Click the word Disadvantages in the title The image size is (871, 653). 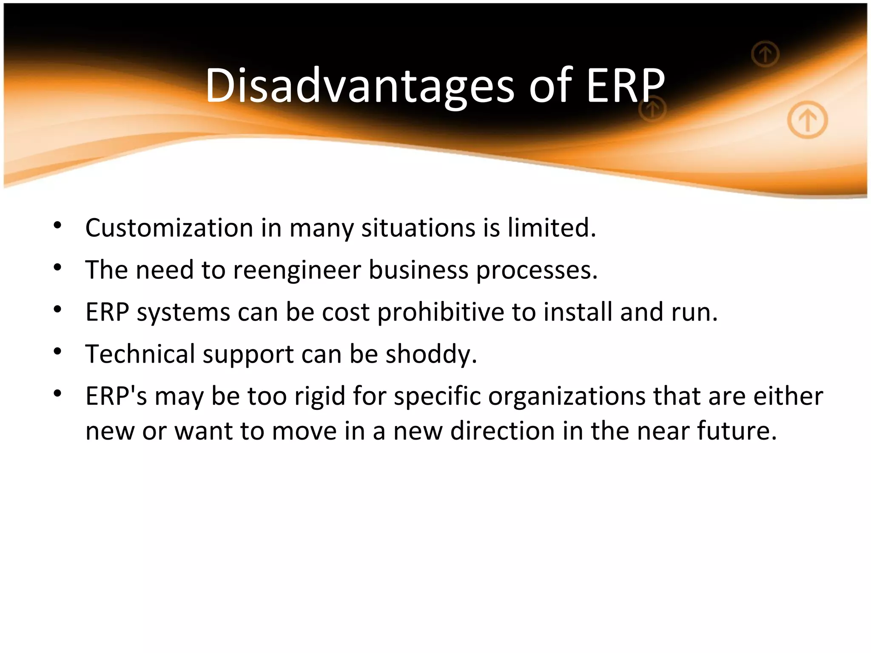pyautogui.click(x=359, y=86)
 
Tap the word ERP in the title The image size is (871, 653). pyautogui.click(x=625, y=86)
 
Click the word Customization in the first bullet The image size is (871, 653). pyautogui.click(x=169, y=228)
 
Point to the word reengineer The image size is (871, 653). pyautogui.click(x=297, y=270)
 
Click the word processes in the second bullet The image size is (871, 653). pyautogui.click(x=537, y=270)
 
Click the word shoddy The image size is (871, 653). pyautogui.click(x=431, y=354)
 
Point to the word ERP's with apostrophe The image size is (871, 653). pyautogui.click(x=116, y=396)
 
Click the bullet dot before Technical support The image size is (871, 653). pyautogui.click(x=58, y=351)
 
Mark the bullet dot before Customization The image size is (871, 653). pyautogui.click(x=58, y=225)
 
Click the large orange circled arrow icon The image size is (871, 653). pyautogui.click(x=807, y=120)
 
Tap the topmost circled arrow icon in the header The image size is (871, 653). pyautogui.click(x=765, y=54)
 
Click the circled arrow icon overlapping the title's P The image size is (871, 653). pyautogui.click(x=652, y=109)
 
